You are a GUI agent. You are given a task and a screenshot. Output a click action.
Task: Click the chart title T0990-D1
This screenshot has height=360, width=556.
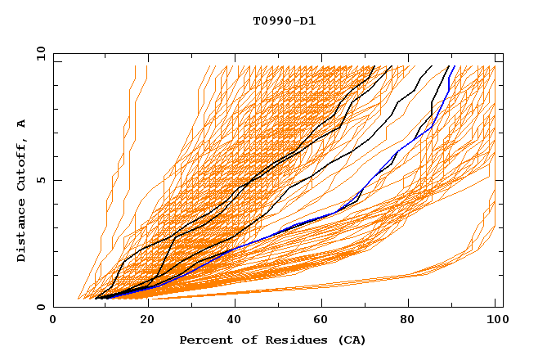(284, 20)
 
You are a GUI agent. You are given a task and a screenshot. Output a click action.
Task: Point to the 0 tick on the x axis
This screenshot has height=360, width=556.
(53, 322)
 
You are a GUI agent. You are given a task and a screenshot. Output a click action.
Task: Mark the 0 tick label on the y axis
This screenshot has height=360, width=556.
(41, 308)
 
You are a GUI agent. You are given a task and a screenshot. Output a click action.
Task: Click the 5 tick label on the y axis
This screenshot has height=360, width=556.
(41, 180)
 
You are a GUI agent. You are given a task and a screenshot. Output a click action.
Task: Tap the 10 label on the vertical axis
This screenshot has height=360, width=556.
(38, 53)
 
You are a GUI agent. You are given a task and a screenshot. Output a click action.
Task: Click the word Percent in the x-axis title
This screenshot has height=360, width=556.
(202, 340)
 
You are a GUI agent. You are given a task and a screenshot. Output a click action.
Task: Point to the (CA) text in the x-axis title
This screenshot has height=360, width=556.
(352, 340)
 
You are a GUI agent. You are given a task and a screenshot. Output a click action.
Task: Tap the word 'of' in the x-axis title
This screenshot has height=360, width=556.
(241, 340)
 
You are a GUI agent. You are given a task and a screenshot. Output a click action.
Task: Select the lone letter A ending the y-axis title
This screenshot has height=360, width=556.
(22, 124)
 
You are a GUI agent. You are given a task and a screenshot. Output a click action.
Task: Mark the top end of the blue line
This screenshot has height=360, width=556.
(455, 66)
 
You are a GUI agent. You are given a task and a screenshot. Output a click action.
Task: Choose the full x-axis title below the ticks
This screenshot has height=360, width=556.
(273, 340)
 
